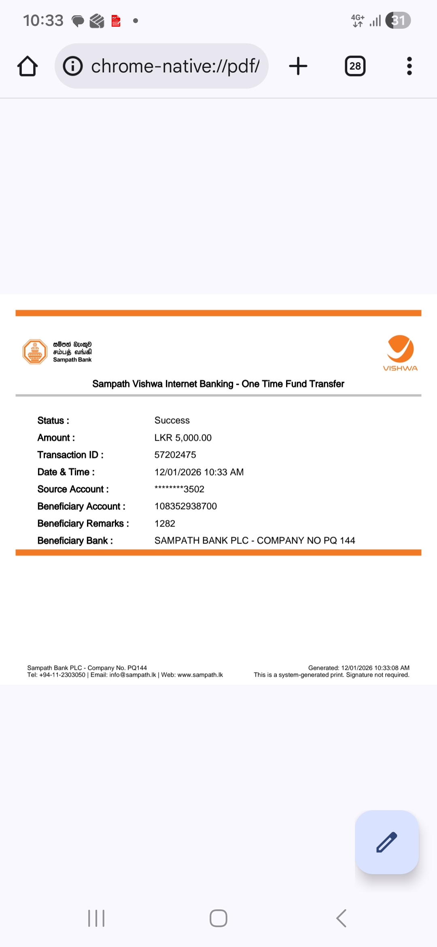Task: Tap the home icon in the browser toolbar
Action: click(28, 66)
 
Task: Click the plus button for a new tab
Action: click(298, 66)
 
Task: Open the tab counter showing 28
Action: click(355, 66)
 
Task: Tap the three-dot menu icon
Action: click(409, 66)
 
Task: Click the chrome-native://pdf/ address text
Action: click(175, 66)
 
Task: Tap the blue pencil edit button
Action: click(386, 842)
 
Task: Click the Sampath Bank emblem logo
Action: click(35, 352)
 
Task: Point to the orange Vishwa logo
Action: click(400, 352)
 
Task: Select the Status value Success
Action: click(172, 420)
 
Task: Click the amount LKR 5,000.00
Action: click(183, 438)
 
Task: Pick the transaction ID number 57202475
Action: click(175, 455)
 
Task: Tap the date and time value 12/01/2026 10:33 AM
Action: click(199, 472)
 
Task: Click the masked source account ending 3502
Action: click(179, 489)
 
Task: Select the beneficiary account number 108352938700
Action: click(186, 506)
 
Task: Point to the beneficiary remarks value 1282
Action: click(165, 524)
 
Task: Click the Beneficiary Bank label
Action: click(75, 541)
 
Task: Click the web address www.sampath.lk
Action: click(200, 675)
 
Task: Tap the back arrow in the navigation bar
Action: click(341, 918)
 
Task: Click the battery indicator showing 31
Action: click(398, 20)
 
